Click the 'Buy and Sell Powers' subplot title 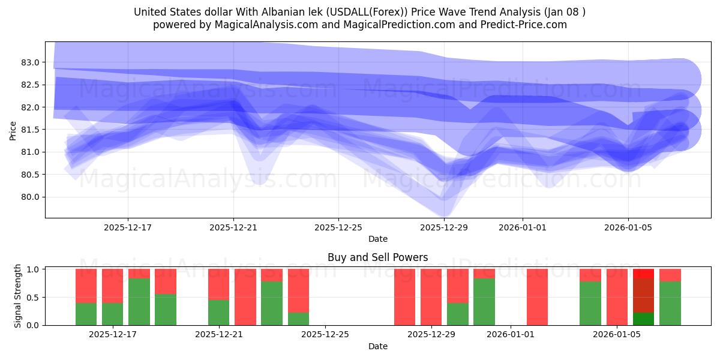click(x=377, y=257)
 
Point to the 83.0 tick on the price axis click(x=30, y=62)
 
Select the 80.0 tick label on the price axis click(x=30, y=197)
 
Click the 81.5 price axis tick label click(x=30, y=130)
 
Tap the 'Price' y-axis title click(x=13, y=130)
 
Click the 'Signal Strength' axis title click(x=18, y=296)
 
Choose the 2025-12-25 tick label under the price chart click(x=338, y=227)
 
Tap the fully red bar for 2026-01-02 click(x=537, y=297)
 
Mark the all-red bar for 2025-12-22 click(x=245, y=297)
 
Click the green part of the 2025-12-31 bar click(x=484, y=302)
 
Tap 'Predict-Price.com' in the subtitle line click(x=526, y=25)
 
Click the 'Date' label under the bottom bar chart click(x=377, y=346)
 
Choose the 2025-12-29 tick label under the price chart click(x=444, y=227)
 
